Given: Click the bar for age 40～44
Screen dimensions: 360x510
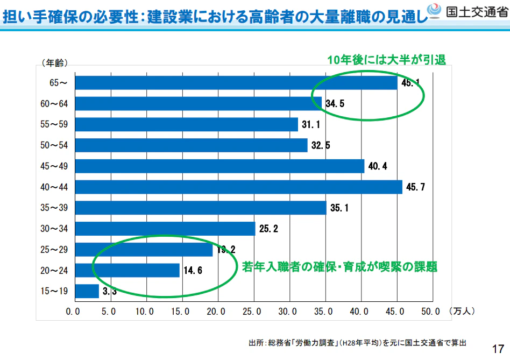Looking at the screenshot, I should pyautogui.click(x=238, y=187).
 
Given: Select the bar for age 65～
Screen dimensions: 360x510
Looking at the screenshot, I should pyautogui.click(x=236, y=82).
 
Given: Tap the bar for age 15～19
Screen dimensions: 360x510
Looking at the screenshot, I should pyautogui.click(x=87, y=291).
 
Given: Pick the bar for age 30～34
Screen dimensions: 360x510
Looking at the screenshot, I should pyautogui.click(x=165, y=229).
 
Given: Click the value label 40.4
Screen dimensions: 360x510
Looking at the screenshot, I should pyautogui.click(x=378, y=166).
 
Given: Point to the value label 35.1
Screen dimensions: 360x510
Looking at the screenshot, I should pyautogui.click(x=339, y=208).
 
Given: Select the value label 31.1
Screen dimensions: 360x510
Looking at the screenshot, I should pyautogui.click(x=311, y=125).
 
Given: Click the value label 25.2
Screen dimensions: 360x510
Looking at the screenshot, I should pyautogui.click(x=268, y=229).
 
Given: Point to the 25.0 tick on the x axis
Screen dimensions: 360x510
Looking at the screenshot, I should pyautogui.click(x=252, y=311).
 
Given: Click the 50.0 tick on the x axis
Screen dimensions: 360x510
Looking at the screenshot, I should pyautogui.click(x=430, y=311).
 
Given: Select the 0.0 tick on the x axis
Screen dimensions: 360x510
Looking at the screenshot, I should pyautogui.click(x=73, y=311).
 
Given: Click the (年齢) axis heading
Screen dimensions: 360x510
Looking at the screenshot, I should pyautogui.click(x=54, y=63).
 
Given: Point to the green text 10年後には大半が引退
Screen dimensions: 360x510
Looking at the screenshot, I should pyautogui.click(x=387, y=60).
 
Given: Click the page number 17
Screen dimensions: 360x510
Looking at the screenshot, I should pyautogui.click(x=498, y=347).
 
